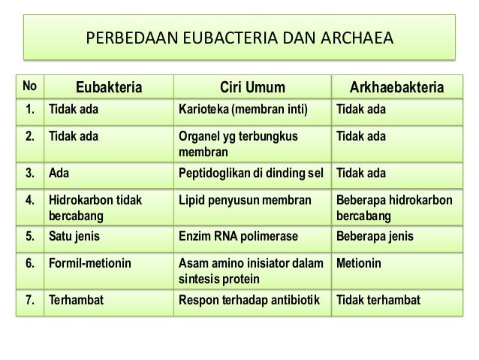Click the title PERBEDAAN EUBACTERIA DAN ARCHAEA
tap(239, 36)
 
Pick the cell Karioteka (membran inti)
tap(244, 113)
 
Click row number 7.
tap(29, 301)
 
